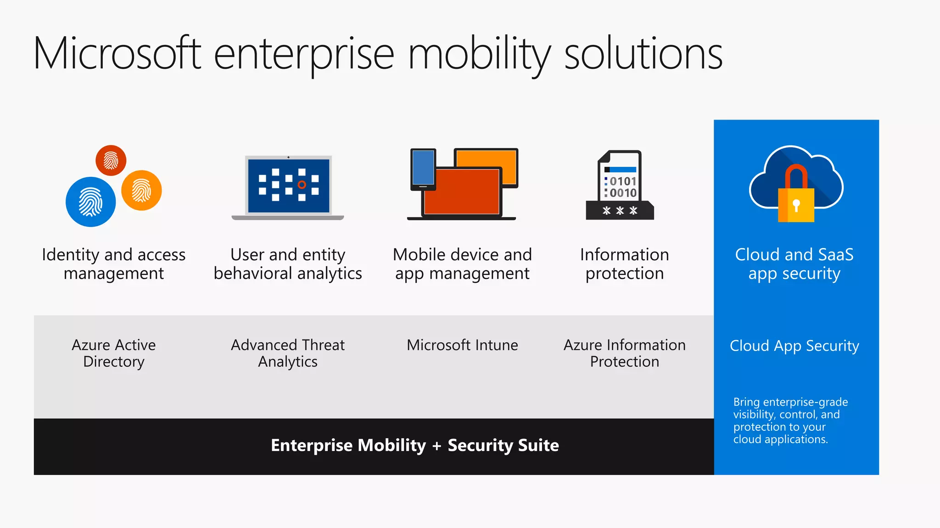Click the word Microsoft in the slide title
pos(117,54)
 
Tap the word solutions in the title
pos(643,54)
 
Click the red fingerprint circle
pos(111,160)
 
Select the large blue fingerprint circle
pos(90,202)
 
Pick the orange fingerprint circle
pos(141,190)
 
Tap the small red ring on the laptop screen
pos(302,185)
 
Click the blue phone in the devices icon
pos(423,168)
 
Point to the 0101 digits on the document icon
pos(623,181)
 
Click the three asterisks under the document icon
pos(620,211)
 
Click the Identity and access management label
pos(114,264)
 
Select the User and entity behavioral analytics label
pos(288,264)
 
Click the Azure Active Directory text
pos(114,353)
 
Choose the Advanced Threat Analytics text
pos(288,353)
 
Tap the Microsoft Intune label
pos(462,345)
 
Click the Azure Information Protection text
pos(624,353)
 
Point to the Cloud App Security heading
pos(794,346)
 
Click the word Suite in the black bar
pos(538,445)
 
